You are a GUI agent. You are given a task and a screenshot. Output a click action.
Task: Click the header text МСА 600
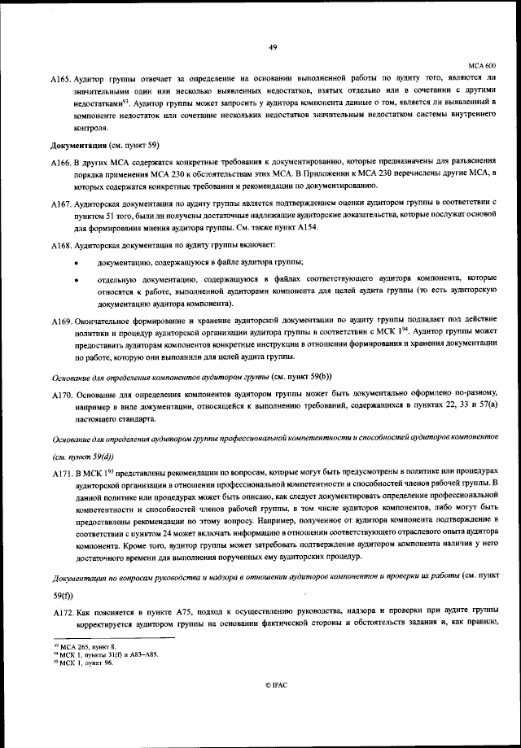pyautogui.click(x=483, y=64)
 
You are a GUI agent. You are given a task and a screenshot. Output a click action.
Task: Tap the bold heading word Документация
pyautogui.click(x=79, y=145)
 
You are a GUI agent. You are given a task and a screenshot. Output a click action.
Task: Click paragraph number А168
pyautogui.click(x=60, y=245)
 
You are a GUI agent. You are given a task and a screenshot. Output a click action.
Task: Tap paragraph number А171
pyautogui.click(x=60, y=472)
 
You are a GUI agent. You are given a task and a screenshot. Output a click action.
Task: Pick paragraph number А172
pyautogui.click(x=60, y=611)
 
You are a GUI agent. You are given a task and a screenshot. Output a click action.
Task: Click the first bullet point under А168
pyautogui.click(x=77, y=263)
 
